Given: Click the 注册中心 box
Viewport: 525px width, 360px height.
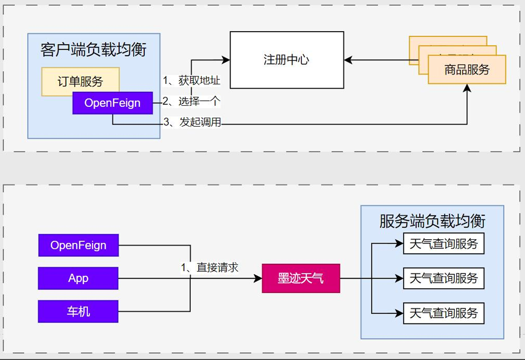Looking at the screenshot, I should point(287,60).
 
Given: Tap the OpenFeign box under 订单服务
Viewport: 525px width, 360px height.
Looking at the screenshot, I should point(113,103).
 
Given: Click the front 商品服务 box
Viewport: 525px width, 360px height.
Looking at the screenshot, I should point(467,70).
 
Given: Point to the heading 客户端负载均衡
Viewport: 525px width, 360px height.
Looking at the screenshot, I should point(94,50).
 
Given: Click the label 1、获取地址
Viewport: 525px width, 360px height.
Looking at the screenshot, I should point(192,81).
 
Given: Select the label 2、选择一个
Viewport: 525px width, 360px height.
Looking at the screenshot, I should point(192,101).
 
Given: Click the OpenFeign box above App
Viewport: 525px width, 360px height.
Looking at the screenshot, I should point(78,245).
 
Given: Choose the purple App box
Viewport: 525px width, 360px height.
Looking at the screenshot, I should point(78,278).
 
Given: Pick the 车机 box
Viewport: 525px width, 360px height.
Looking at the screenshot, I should point(78,311).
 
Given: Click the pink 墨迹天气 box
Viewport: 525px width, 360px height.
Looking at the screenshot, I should point(301,279).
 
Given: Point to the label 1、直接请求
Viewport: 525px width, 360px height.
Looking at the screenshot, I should point(210,267).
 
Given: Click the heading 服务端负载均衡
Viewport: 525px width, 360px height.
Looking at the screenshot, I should point(432,221).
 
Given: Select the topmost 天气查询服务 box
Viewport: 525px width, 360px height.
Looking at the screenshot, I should point(444,244).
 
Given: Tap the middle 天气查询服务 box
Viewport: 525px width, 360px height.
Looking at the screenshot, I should point(444,279).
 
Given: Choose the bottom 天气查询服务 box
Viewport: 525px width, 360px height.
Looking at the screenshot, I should point(444,313).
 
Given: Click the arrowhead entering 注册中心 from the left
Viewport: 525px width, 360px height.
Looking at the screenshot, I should point(226,60).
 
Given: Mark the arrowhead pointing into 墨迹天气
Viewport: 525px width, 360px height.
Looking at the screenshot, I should point(258,279).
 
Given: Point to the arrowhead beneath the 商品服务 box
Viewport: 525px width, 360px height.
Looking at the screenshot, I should point(467,88).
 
